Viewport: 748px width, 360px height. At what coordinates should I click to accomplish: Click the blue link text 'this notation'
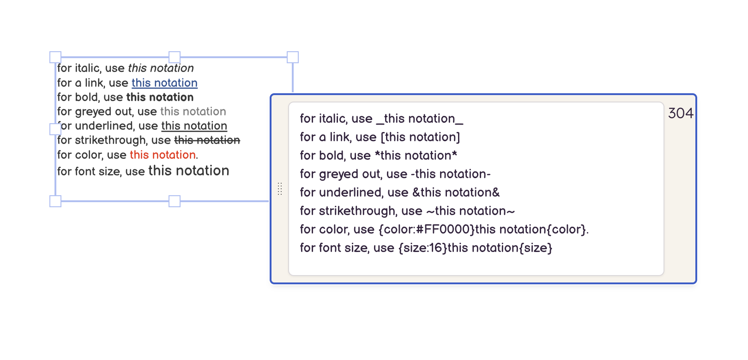[x=164, y=83]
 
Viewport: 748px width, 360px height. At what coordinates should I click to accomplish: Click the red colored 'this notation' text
[x=163, y=155]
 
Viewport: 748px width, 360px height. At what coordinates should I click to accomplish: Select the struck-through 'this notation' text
[x=207, y=140]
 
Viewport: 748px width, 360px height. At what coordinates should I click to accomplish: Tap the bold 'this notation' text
[x=160, y=97]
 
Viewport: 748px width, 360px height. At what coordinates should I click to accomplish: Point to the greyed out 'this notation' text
[x=193, y=112]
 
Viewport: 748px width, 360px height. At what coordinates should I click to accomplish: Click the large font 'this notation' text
[x=188, y=171]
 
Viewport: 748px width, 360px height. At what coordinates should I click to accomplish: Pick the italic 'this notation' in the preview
[x=161, y=68]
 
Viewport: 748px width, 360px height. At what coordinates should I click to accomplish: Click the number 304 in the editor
[x=681, y=114]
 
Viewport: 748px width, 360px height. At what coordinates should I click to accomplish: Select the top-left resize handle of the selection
[x=55, y=57]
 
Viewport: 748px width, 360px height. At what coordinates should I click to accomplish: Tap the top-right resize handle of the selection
[x=293, y=57]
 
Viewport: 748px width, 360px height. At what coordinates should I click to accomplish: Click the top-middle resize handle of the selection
[x=175, y=57]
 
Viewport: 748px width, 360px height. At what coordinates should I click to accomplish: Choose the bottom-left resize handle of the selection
[x=55, y=201]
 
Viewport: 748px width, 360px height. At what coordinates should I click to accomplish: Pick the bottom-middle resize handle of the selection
[x=175, y=201]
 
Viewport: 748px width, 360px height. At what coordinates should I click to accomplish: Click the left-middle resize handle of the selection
[x=55, y=129]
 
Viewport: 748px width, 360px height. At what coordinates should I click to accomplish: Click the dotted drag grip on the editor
[x=280, y=189]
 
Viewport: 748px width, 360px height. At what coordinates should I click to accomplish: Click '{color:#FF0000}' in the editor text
[x=427, y=229]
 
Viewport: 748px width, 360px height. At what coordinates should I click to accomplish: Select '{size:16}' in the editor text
[x=422, y=248]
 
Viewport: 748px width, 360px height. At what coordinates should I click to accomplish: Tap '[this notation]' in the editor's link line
[x=420, y=137]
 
